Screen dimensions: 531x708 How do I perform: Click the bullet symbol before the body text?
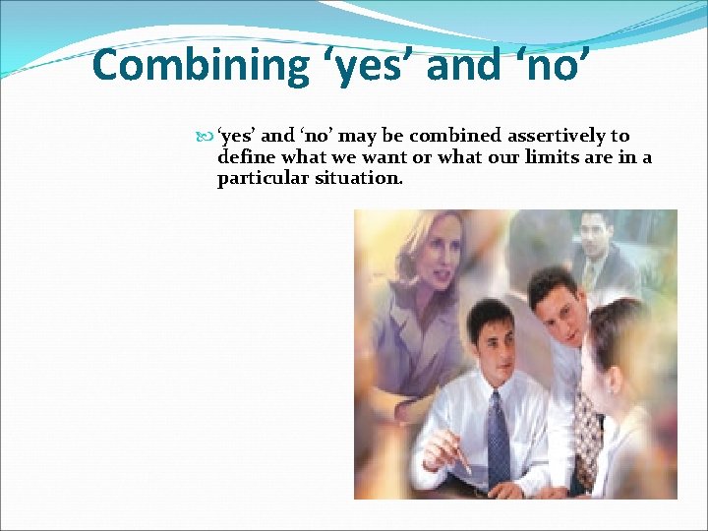206,137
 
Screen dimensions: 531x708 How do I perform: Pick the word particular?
261,179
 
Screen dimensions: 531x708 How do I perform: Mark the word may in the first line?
350,137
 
